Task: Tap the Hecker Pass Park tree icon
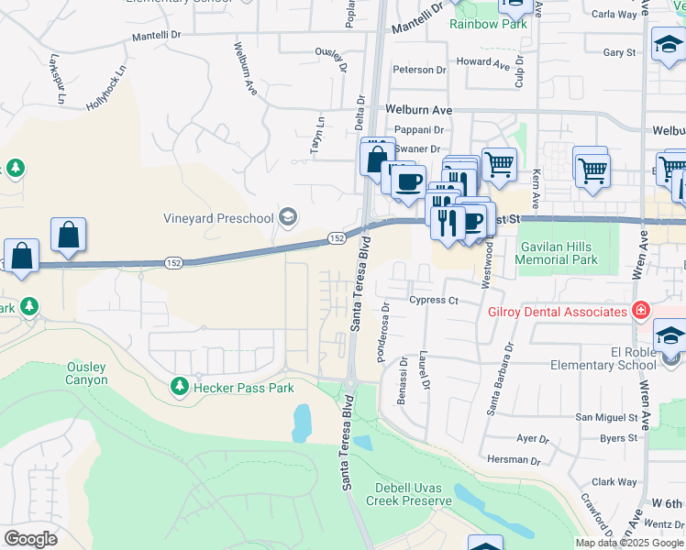[181, 387]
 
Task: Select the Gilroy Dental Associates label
[556, 312]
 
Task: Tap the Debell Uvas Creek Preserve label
[413, 494]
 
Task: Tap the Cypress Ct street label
[434, 300]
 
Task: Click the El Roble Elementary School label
[603, 357]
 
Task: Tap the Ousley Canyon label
[87, 373]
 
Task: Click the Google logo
[30, 539]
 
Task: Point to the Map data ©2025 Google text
[629, 543]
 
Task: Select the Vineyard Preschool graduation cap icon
[288, 217]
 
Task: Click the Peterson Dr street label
[418, 70]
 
